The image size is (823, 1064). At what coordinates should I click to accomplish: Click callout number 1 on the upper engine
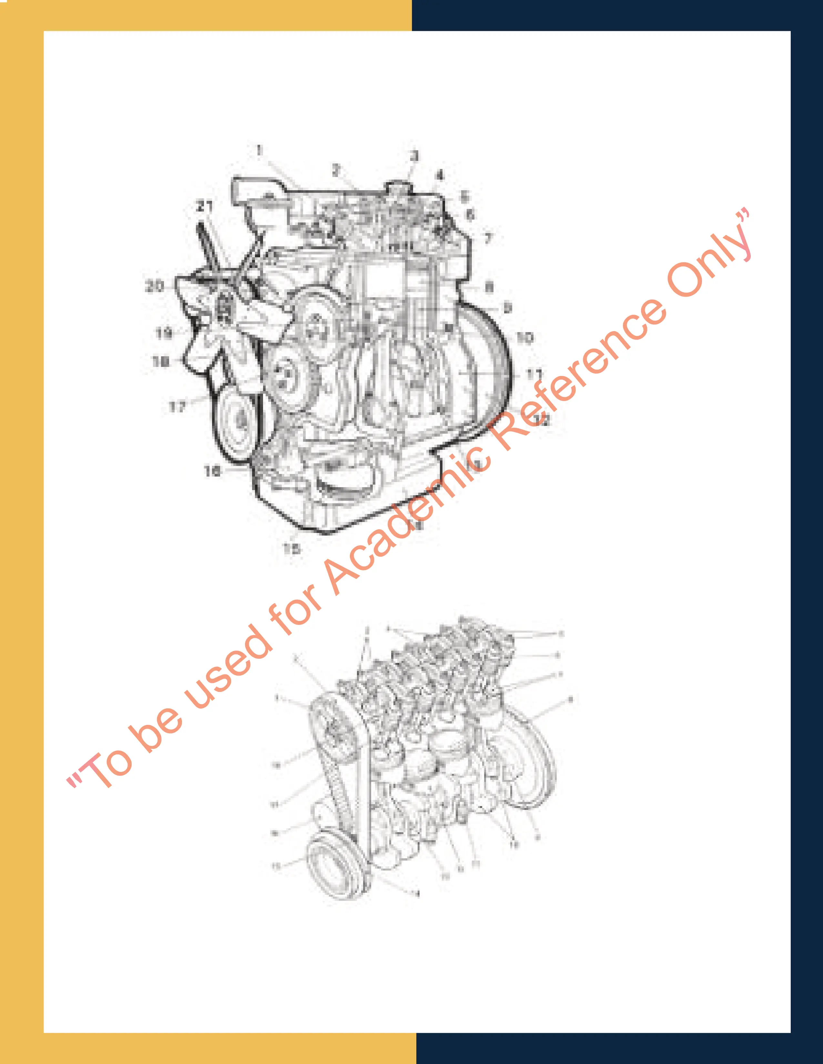[x=259, y=151]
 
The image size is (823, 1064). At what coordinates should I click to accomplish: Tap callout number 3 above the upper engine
[x=414, y=156]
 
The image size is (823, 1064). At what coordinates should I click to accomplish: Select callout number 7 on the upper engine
[x=488, y=238]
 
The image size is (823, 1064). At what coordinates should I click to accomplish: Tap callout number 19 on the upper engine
[x=164, y=333]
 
